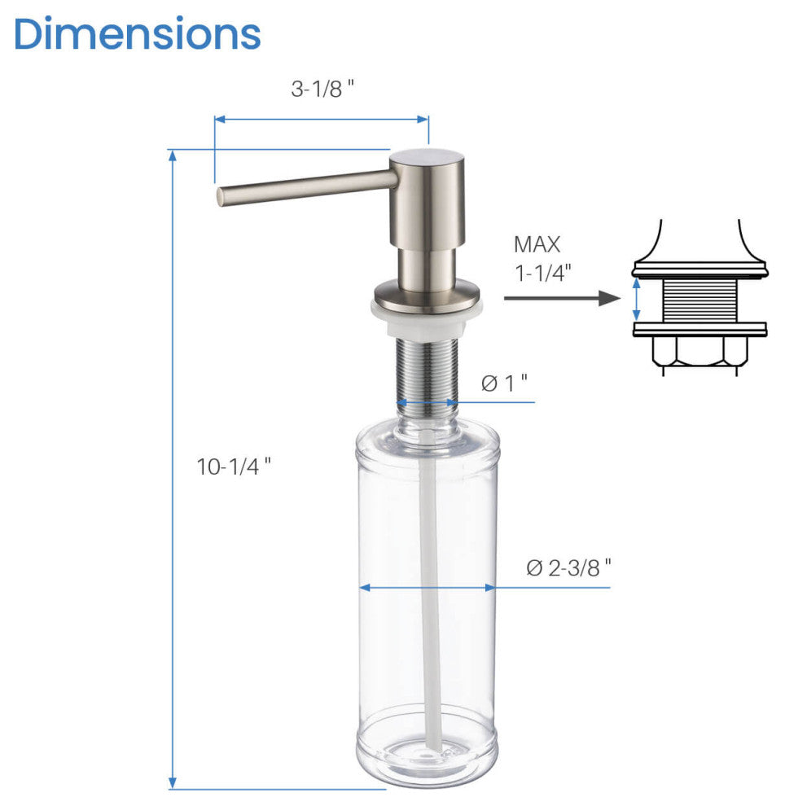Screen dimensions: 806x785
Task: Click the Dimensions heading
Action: (x=137, y=34)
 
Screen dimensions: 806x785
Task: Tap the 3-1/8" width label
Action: (x=322, y=90)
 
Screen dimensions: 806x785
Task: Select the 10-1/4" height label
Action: (x=234, y=467)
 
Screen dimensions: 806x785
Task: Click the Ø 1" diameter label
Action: (x=504, y=382)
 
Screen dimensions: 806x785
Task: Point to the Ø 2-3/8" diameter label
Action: (x=568, y=567)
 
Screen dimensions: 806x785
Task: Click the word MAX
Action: (x=537, y=243)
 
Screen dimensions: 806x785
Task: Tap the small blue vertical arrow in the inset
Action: (x=638, y=299)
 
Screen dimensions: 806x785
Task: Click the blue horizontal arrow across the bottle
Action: (x=427, y=587)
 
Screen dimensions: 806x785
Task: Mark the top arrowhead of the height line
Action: (x=173, y=156)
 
